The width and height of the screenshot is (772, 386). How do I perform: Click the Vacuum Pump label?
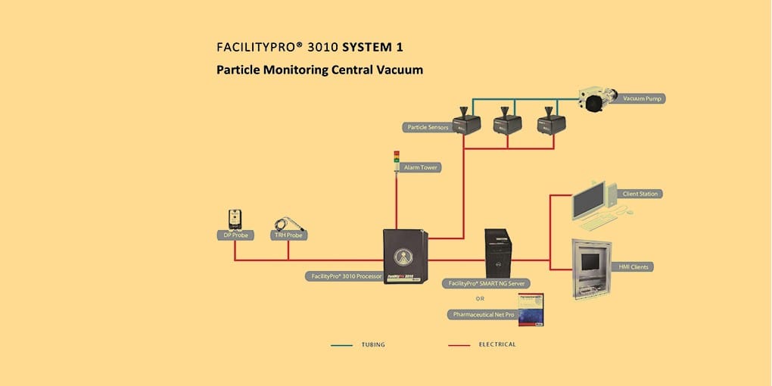[x=643, y=98]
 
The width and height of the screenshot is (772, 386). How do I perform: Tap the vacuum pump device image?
[x=597, y=101]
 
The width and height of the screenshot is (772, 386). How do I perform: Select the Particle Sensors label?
[x=428, y=127]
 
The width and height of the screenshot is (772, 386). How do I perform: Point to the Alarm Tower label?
[x=422, y=167]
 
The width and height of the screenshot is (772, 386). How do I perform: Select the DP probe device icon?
[x=235, y=219]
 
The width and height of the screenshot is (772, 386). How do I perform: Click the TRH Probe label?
[x=288, y=235]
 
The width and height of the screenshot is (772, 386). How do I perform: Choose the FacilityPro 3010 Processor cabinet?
[x=406, y=257]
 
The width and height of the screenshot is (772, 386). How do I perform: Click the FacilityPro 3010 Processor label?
[x=346, y=276]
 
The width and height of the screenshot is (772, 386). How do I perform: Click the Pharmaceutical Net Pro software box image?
[x=531, y=309]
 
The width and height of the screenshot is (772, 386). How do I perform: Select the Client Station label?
[x=640, y=194]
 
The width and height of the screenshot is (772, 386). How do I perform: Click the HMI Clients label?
[x=636, y=266]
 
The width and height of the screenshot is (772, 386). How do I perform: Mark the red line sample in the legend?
[x=459, y=345]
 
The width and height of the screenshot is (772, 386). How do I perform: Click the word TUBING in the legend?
[x=373, y=345]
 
